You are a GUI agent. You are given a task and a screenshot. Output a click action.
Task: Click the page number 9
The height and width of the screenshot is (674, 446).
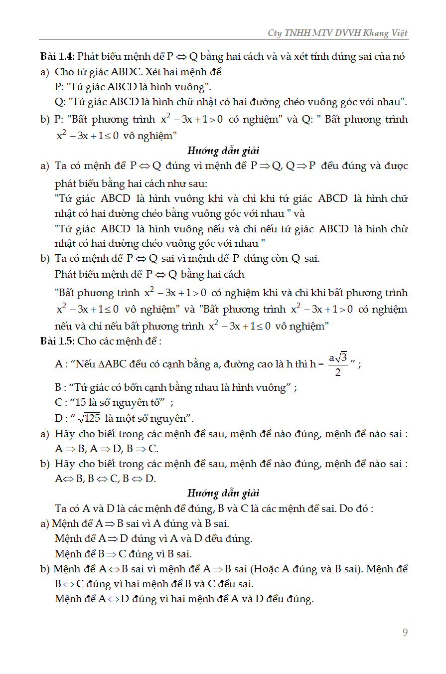[405, 633]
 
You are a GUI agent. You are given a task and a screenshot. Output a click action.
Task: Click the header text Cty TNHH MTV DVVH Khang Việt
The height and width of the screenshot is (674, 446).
[338, 33]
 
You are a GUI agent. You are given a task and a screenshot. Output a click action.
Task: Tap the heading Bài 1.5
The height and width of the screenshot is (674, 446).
[57, 341]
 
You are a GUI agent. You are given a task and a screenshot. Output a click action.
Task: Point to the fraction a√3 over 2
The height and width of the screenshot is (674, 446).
[337, 364]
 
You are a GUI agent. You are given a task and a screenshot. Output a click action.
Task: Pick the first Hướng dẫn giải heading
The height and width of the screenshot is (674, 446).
[223, 150]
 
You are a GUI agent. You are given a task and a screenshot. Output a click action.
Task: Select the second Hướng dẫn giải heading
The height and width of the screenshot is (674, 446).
[223, 493]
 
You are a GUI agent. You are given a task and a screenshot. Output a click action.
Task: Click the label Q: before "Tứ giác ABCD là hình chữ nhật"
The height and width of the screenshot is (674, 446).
[60, 102]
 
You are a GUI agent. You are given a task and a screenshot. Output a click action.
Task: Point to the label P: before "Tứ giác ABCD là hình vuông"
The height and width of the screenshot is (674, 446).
[59, 87]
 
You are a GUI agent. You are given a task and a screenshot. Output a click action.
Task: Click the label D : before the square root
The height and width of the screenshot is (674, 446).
[61, 418]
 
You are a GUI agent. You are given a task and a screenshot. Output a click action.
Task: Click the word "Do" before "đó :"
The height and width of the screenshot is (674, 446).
[351, 508]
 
